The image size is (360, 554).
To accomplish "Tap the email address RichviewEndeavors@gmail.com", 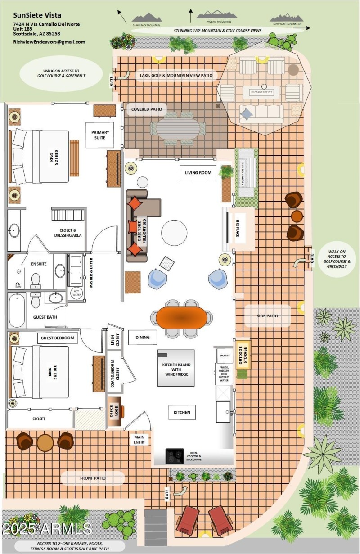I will tap(49, 42).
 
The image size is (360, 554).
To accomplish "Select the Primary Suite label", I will tap(100, 135).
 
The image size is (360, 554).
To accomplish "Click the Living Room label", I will tap(198, 173).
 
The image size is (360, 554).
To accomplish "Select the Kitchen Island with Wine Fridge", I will tap(176, 368).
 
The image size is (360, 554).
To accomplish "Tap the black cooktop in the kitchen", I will tap(175, 455).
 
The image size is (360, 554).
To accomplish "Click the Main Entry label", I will tap(139, 439).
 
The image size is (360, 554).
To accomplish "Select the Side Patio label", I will tap(267, 316).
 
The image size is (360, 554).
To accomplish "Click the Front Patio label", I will tap(93, 478).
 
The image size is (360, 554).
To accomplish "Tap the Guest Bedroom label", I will tap(57, 338).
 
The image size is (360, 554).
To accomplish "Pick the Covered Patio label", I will tap(147, 109).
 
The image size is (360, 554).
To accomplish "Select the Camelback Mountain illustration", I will tap(146, 17).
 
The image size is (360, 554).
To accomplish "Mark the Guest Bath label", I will tap(45, 317).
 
